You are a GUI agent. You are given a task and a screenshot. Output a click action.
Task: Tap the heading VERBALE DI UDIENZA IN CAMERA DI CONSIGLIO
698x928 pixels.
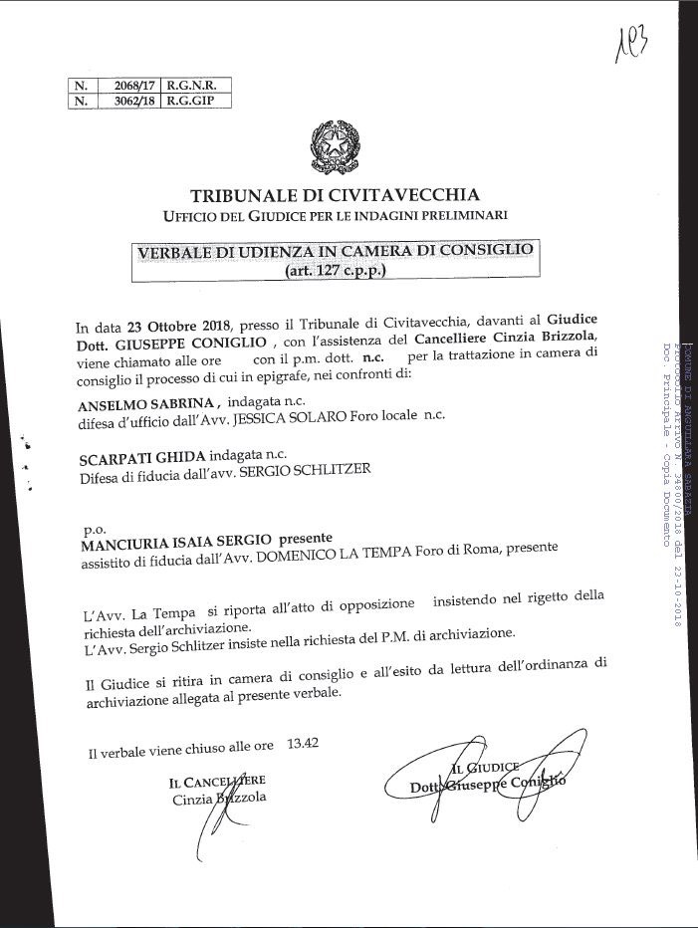point(336,250)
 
